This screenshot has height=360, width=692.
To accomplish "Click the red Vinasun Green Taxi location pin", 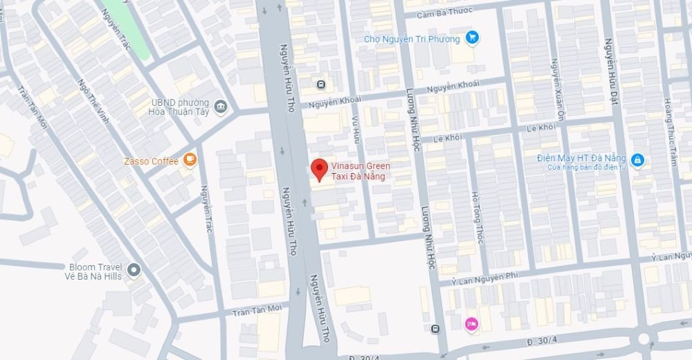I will click(318, 169).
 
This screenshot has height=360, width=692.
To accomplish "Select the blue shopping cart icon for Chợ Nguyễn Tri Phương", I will click(472, 38).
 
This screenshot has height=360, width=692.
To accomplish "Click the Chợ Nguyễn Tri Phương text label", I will click(412, 39).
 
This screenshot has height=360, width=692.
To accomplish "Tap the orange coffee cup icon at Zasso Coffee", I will click(189, 161).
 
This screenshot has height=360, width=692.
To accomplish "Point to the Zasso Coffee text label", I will click(151, 161).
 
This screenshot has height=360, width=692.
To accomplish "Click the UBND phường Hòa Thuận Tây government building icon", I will click(221, 106).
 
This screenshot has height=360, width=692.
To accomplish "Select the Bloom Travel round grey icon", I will click(134, 270).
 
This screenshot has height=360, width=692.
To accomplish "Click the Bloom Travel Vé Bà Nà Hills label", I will click(95, 271).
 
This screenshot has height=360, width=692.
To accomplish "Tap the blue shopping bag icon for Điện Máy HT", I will click(638, 161).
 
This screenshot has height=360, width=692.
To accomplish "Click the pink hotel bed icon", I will click(471, 323).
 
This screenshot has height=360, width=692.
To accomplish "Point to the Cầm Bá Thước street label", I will click(446, 12).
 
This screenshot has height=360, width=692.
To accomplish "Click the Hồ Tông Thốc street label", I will click(476, 217).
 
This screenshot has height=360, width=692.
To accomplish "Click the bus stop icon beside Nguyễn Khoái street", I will click(320, 84).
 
